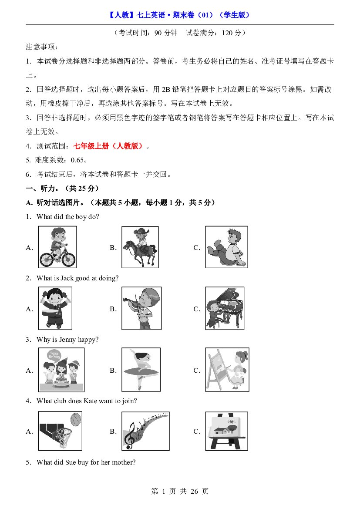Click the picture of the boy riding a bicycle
pos(57,247)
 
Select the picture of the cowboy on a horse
pos(140,247)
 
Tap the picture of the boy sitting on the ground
pos(227,247)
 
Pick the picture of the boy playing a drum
pos(55,308)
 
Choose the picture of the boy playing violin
pos(141,308)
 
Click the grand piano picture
pos(225,308)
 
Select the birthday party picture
pos(61,370)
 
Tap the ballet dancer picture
pos(141,370)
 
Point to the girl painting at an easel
pos(227,370)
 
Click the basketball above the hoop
pos(76,419)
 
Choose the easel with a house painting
pos(227,431)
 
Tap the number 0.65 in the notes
pos(77,160)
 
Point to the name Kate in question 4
pos(90,401)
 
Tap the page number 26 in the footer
pos(194,492)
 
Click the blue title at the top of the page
pos(180,15)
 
